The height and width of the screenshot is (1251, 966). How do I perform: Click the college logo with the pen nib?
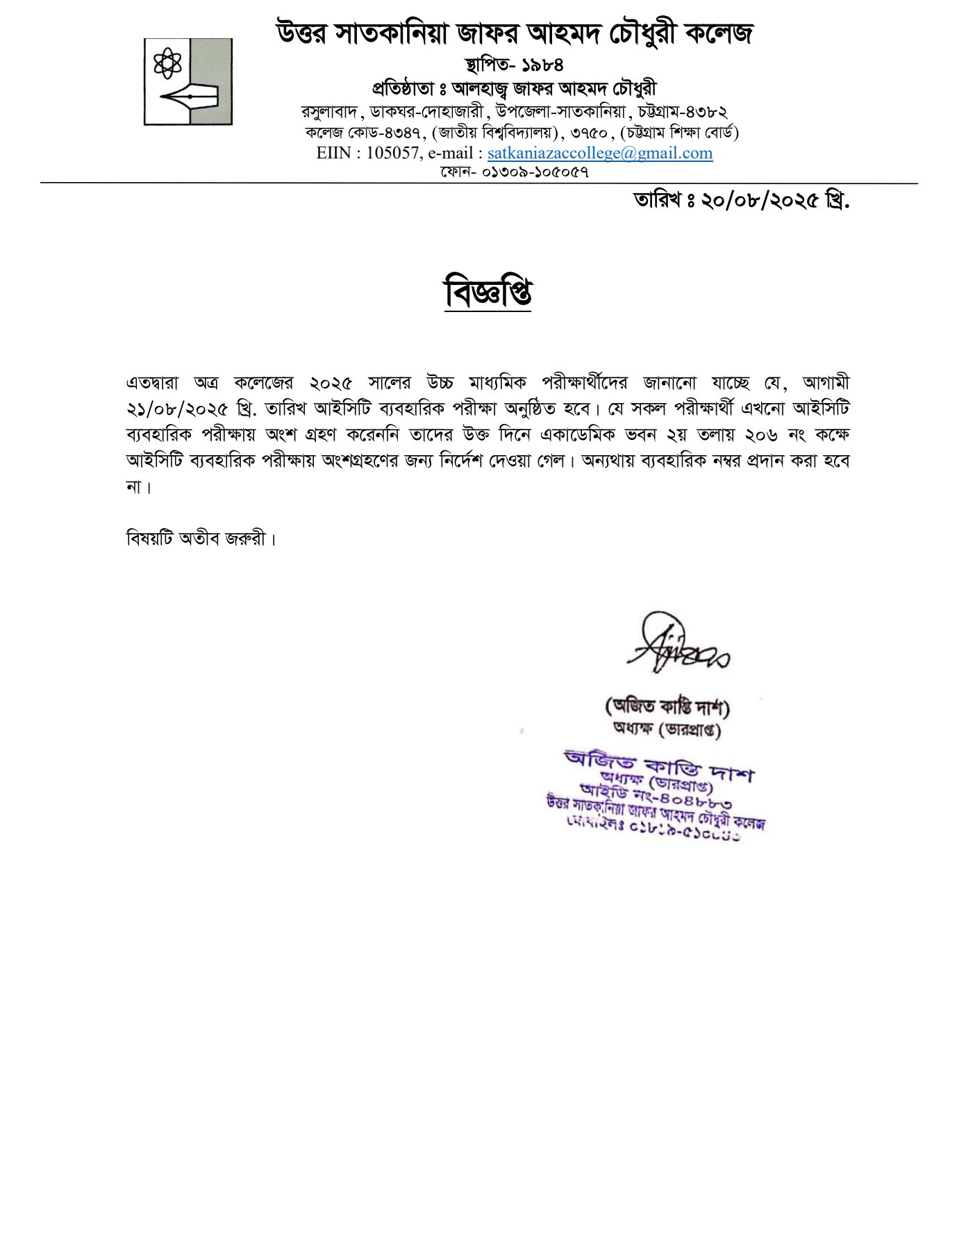tap(188, 82)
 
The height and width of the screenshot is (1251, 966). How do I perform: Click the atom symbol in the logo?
tap(167, 63)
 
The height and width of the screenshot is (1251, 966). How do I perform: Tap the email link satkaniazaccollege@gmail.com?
tap(599, 153)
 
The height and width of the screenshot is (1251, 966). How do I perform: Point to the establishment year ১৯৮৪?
tap(542, 65)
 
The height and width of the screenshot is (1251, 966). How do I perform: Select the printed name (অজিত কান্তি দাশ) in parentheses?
tap(667, 707)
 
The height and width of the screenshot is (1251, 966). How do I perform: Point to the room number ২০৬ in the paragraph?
tap(760, 435)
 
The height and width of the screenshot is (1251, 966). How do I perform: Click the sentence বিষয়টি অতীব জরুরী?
tap(201, 539)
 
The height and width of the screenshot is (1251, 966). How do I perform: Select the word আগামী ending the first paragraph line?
tap(826, 383)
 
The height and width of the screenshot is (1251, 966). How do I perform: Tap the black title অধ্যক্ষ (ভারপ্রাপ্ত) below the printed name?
tap(667, 730)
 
